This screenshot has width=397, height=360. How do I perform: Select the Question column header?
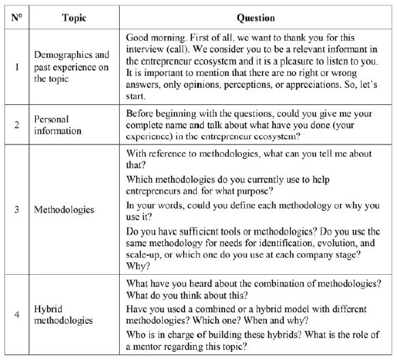tap(256, 16)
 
